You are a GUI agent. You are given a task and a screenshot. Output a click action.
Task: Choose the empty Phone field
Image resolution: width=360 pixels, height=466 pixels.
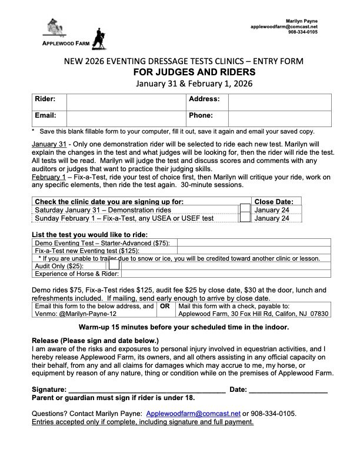pos(277,116)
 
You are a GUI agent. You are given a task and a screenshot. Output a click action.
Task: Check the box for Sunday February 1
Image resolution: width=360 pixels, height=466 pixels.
pos(245,218)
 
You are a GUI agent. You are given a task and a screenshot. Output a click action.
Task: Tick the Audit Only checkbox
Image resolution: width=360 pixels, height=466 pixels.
pos(114,265)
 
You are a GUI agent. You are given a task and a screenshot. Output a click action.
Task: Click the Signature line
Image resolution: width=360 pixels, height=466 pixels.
pos(147,390)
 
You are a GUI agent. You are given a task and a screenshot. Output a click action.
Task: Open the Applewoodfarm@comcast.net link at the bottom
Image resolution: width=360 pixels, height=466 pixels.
pos(194,413)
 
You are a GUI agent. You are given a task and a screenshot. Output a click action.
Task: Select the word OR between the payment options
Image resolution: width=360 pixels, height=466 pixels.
pos(166,306)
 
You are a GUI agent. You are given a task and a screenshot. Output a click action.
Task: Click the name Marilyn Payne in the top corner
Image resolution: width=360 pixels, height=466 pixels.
pos(305,21)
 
